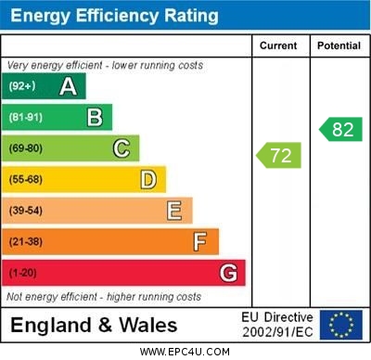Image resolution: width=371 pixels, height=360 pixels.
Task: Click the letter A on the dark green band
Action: pyautogui.click(x=68, y=86)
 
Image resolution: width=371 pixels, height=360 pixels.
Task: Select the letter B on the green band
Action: pyautogui.click(x=95, y=117)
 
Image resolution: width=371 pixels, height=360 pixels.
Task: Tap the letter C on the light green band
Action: pyautogui.click(x=122, y=148)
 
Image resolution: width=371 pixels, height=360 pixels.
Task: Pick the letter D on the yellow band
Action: pyautogui.click(x=148, y=179)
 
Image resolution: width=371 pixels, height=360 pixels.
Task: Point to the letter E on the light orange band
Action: pyautogui.click(x=174, y=211)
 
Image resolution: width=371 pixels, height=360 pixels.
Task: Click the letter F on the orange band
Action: pyautogui.click(x=200, y=242)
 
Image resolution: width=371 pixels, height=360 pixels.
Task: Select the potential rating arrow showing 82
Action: pyautogui.click(x=340, y=129)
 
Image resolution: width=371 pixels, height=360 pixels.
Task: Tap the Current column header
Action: pyautogui.click(x=278, y=45)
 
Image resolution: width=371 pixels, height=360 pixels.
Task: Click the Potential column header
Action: pyautogui.click(x=339, y=45)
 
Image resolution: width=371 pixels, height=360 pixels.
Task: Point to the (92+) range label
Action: pyautogui.click(x=22, y=86)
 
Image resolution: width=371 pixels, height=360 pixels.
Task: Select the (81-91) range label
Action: pyautogui.click(x=26, y=118)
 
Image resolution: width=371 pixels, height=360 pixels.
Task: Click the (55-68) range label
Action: pyautogui.click(x=26, y=180)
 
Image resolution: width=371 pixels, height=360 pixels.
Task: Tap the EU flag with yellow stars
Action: pyautogui.click(x=340, y=325)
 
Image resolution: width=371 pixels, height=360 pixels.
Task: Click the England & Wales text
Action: pyautogui.click(x=94, y=325)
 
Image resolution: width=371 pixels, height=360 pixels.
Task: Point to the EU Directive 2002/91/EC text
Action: pyautogui.click(x=277, y=325)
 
